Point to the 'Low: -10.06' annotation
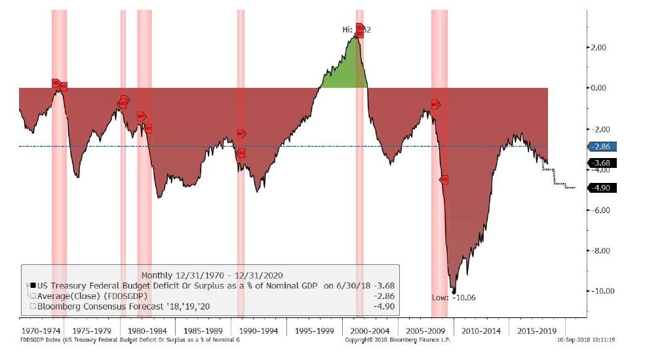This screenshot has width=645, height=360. (454, 298)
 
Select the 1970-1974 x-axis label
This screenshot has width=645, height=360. (42, 332)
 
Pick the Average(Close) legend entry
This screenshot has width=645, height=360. (92, 296)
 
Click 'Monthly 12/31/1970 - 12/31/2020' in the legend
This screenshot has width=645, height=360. (208, 275)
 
